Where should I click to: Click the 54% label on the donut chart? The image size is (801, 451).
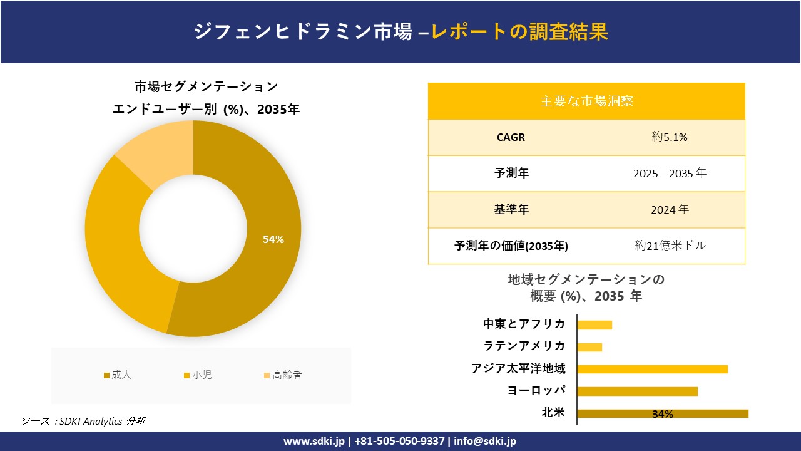(273, 239)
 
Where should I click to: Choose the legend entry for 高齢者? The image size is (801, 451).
(283, 375)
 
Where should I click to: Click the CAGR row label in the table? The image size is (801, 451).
(511, 137)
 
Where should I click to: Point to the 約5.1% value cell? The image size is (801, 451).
(670, 137)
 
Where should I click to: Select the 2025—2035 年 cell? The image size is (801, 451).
(670, 174)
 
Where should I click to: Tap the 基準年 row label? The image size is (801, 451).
(511, 210)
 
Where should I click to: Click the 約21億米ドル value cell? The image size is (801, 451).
(670, 246)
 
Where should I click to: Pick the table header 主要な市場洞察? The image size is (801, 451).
(586, 101)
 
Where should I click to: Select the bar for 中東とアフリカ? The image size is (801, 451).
(594, 324)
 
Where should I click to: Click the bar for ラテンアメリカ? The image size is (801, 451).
(589, 346)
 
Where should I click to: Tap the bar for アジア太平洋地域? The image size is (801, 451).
(652, 369)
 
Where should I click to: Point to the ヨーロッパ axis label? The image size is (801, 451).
(537, 391)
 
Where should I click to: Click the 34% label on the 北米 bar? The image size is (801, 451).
(662, 414)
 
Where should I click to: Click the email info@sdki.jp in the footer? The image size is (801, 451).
(485, 441)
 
